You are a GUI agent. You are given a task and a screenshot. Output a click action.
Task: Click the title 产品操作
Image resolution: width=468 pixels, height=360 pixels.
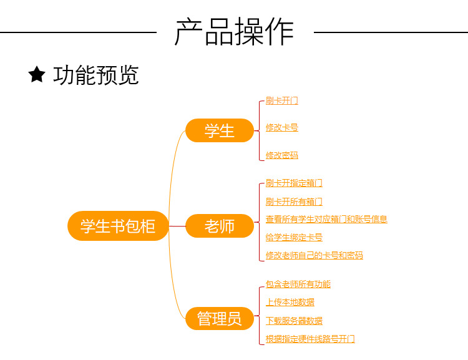(x=234, y=32)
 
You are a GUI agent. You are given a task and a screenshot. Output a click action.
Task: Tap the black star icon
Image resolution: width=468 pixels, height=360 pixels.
(x=37, y=75)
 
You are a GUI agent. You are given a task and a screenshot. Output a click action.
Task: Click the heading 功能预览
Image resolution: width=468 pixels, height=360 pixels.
(x=96, y=75)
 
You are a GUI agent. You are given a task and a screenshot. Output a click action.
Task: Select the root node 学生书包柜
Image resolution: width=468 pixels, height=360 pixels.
(x=118, y=226)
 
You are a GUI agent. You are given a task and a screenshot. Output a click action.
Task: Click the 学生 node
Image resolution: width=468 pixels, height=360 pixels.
(x=220, y=131)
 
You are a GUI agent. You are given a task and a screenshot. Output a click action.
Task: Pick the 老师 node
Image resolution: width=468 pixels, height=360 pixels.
(x=220, y=226)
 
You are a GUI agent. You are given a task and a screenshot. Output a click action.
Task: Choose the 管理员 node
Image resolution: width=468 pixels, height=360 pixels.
(x=220, y=318)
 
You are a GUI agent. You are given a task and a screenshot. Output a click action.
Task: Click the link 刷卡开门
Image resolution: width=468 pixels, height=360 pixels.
(x=281, y=100)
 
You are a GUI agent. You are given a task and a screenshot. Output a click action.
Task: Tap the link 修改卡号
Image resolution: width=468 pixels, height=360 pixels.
(x=281, y=127)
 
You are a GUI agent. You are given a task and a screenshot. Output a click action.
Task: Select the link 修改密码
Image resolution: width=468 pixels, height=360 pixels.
(x=281, y=155)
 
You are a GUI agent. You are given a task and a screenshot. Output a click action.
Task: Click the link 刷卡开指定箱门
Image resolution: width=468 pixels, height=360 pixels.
(x=294, y=183)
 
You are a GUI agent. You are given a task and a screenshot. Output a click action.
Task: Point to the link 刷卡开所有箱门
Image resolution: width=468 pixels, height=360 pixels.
(x=294, y=202)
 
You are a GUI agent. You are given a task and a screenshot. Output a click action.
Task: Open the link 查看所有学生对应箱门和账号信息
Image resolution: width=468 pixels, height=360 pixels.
(x=326, y=219)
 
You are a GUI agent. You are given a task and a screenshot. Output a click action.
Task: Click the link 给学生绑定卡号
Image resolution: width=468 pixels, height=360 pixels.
(x=294, y=237)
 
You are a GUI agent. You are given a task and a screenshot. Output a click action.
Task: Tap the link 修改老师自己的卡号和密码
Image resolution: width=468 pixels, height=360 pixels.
(x=314, y=255)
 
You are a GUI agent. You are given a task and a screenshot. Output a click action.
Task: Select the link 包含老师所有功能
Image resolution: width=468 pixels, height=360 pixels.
(x=298, y=284)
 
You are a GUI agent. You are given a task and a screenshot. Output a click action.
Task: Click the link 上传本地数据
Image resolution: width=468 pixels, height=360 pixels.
(x=290, y=302)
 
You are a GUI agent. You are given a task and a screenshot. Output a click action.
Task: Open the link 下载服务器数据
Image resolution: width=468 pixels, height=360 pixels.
(x=294, y=321)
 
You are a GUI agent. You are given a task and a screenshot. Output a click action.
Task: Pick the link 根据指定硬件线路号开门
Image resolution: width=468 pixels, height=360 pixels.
(x=310, y=339)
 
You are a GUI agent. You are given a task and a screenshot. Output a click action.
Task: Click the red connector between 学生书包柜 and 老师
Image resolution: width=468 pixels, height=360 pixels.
(x=177, y=226)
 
